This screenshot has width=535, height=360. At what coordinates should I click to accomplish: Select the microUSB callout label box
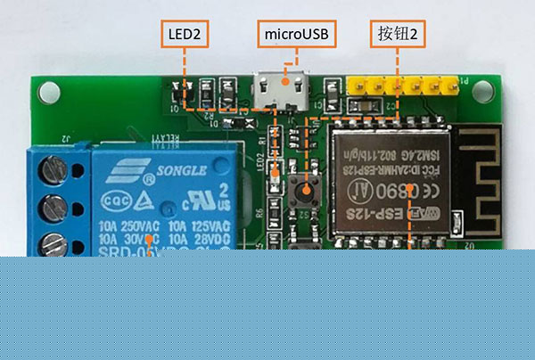click(x=297, y=35)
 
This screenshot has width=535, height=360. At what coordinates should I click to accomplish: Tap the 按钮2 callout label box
click(x=398, y=35)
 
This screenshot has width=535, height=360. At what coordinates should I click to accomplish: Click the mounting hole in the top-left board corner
click(x=47, y=91)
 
